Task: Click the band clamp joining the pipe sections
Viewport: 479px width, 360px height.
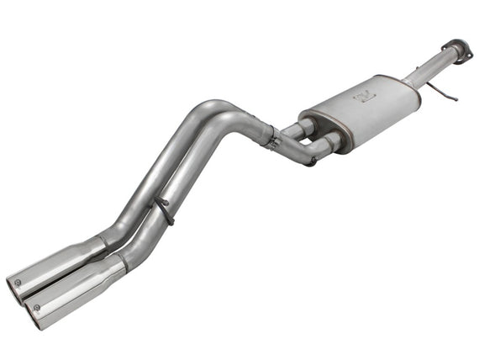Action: (271, 136)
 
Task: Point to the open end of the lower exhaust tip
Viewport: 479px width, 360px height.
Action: (35, 313)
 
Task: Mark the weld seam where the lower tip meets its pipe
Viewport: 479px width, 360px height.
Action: (122, 262)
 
